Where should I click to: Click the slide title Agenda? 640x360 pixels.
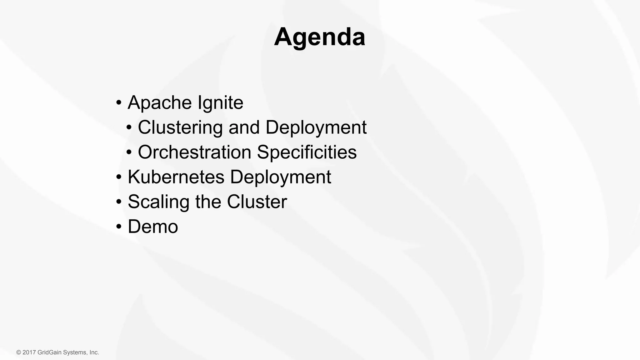pos(319,37)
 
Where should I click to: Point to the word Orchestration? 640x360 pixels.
pos(194,152)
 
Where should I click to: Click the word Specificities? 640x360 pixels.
pos(307,152)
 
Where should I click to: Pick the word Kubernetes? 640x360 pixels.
pos(176,177)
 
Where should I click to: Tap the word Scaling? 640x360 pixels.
pos(158,202)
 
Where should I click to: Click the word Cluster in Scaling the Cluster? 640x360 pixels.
pos(257,202)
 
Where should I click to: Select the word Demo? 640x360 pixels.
pos(153,226)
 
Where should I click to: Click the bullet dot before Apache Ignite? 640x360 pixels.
pos(119,103)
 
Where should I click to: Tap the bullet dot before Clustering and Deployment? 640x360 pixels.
pos(129,128)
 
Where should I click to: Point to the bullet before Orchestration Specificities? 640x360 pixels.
pos(129,152)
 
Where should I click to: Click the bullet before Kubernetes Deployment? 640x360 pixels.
pos(119,177)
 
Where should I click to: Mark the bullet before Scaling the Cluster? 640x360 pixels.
pos(119,202)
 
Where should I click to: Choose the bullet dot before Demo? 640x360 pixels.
pos(119,227)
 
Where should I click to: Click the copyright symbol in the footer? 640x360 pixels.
pos(19,352)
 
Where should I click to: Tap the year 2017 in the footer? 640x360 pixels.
pos(29,352)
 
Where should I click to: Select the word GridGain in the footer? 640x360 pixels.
pos(50,352)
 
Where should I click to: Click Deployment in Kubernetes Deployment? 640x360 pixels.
pos(280,177)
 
